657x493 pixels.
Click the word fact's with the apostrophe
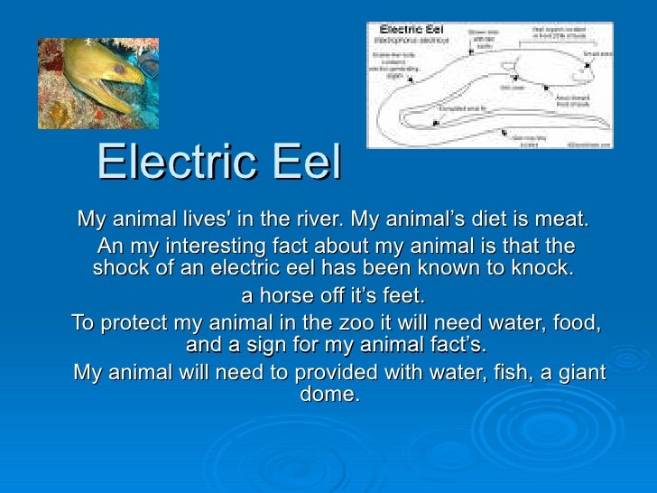pyautogui.click(x=455, y=346)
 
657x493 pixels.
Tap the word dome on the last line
pyautogui.click(x=333, y=395)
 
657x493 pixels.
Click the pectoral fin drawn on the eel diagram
pyautogui.click(x=511, y=88)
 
